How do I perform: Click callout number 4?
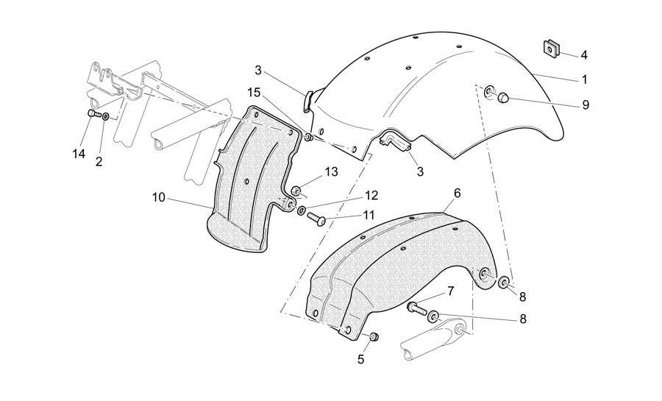click(x=584, y=55)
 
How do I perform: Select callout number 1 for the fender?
click(x=585, y=79)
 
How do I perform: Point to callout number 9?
click(x=586, y=104)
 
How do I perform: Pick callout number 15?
click(x=255, y=93)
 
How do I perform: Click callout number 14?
click(x=79, y=154)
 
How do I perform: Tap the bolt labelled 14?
click(x=93, y=113)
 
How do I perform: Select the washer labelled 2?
click(x=105, y=116)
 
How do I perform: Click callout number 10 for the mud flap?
click(x=159, y=197)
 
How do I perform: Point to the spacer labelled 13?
click(x=296, y=191)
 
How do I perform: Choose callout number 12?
click(x=371, y=196)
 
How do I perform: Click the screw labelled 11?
click(x=316, y=219)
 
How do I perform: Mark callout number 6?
click(x=458, y=193)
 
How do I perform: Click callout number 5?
click(x=360, y=359)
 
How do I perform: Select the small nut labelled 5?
click(x=374, y=337)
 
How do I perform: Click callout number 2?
click(x=99, y=162)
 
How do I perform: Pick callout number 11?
click(x=369, y=216)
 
